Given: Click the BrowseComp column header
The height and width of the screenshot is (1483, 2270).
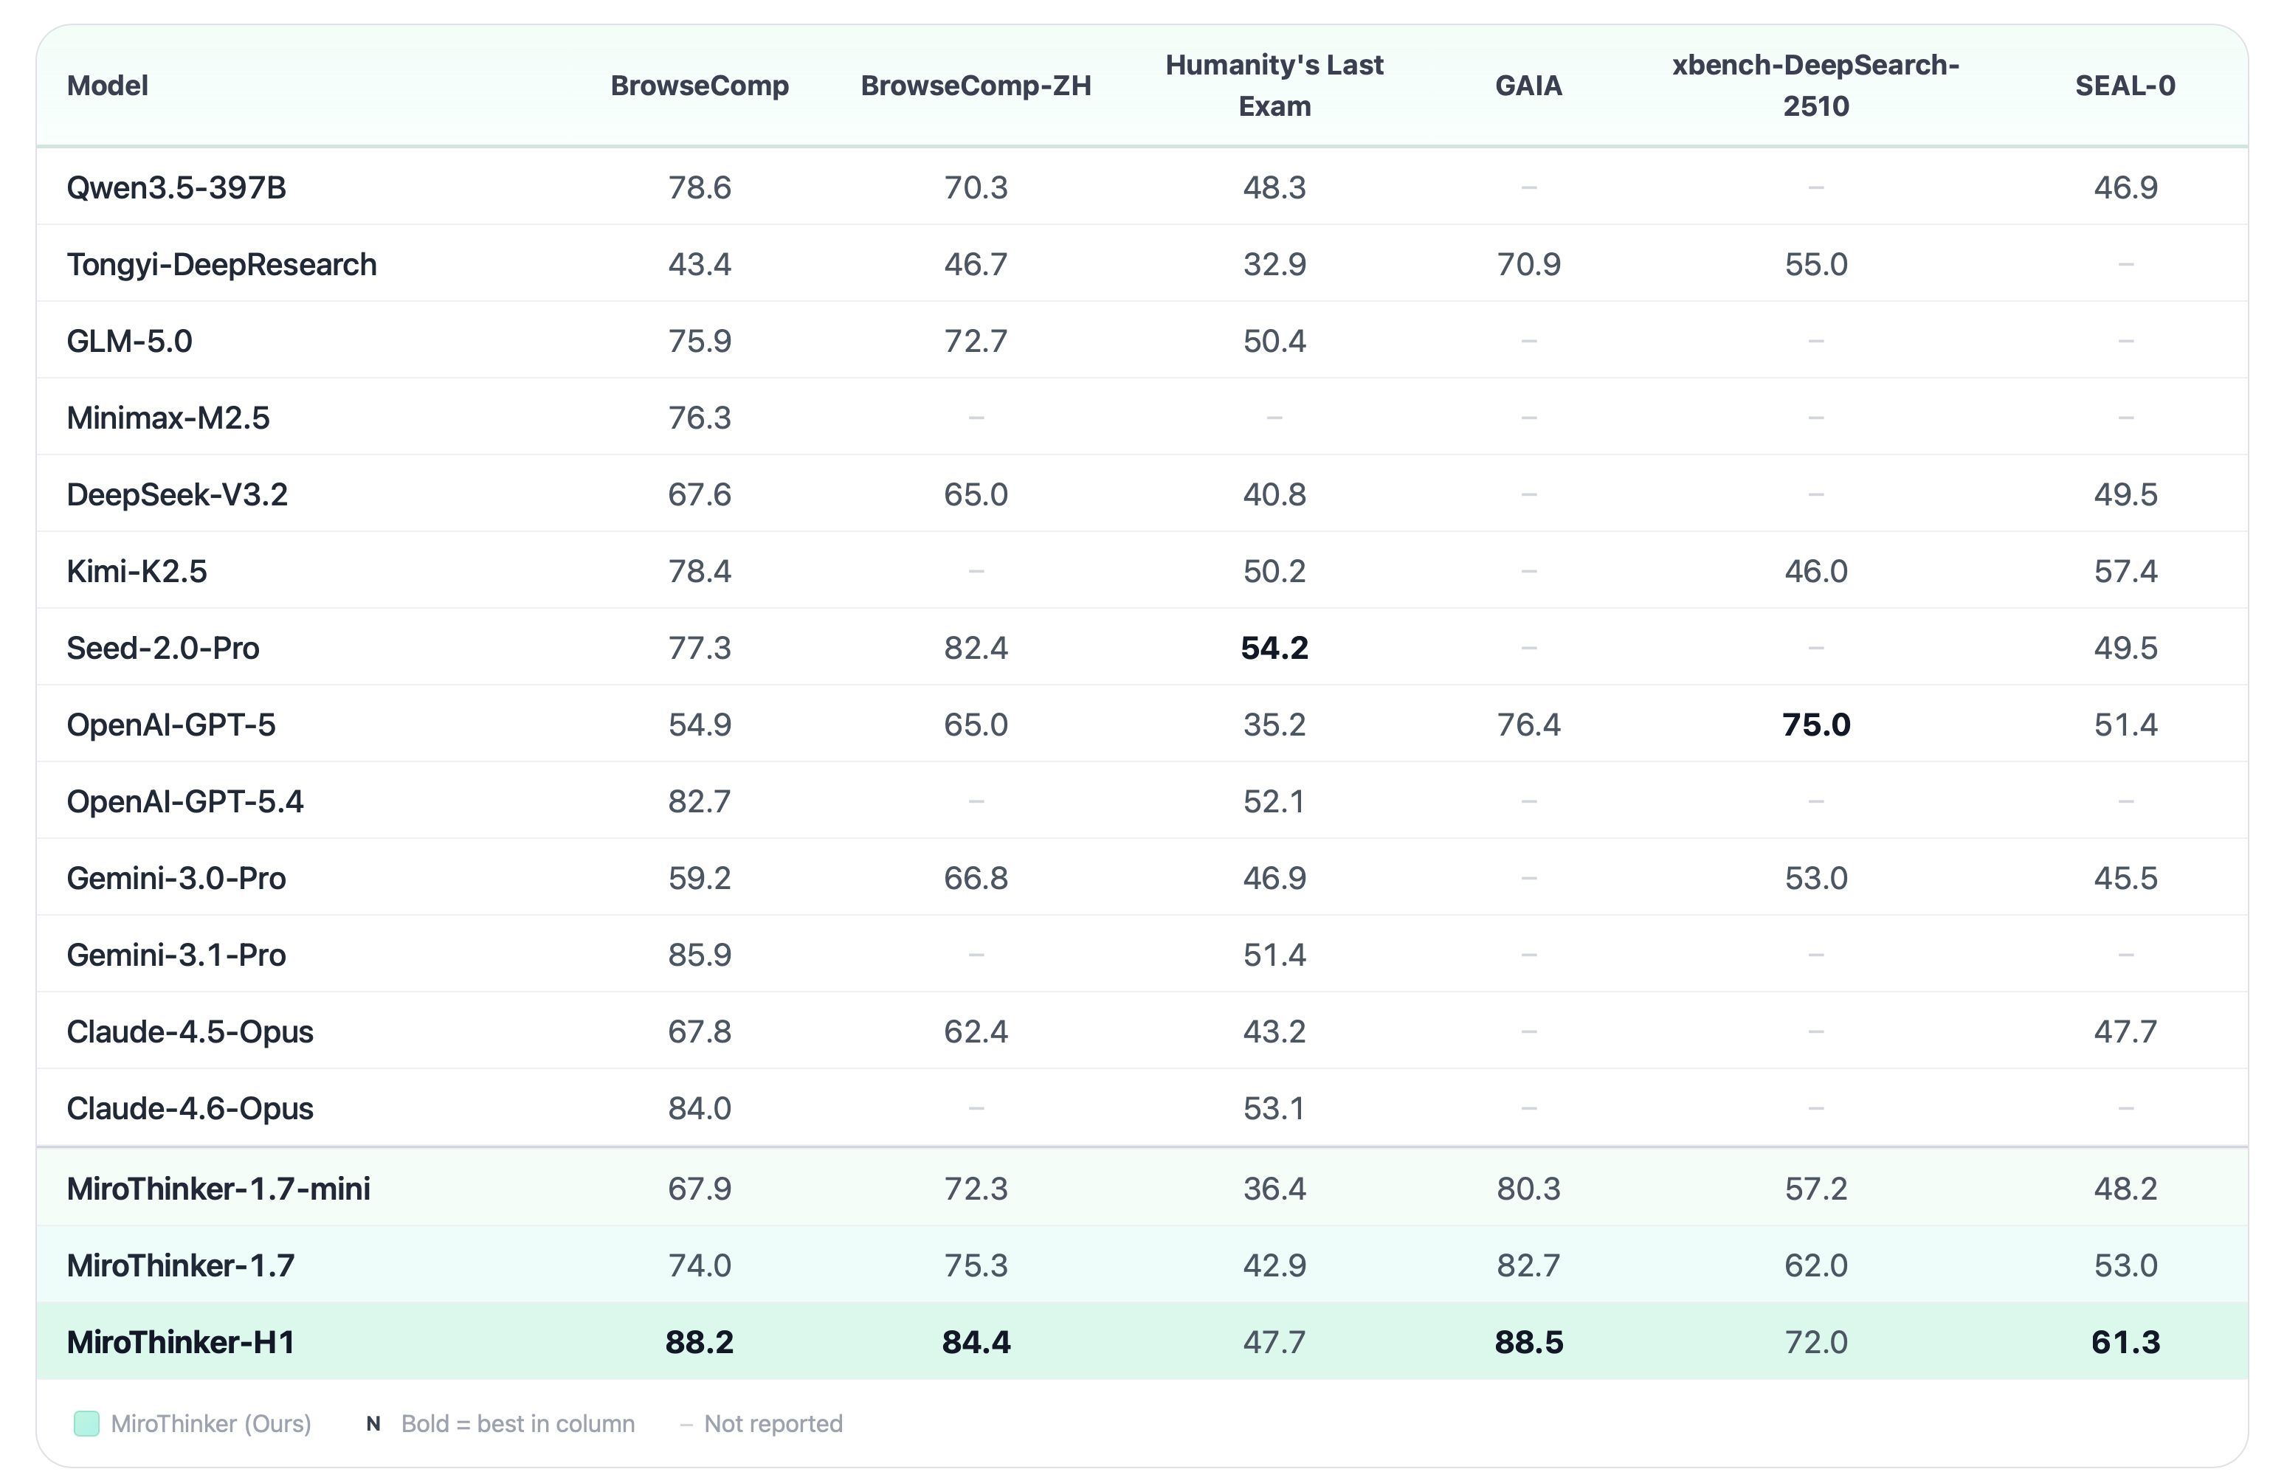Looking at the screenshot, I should tap(699, 86).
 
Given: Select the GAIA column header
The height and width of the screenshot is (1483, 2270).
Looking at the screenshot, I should tap(1528, 86).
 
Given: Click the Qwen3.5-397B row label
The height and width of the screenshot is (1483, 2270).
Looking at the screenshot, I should tap(176, 188).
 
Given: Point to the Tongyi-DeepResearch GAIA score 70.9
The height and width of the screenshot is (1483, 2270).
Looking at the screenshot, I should tap(1528, 264).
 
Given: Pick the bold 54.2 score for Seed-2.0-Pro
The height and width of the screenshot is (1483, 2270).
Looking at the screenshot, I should tap(1274, 649).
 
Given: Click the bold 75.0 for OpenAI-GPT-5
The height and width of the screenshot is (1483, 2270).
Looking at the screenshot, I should tap(1815, 725).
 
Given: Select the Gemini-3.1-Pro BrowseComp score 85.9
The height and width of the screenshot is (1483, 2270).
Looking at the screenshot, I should tap(699, 955).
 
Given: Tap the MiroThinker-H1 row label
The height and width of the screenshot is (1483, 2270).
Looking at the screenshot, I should tap(180, 1342).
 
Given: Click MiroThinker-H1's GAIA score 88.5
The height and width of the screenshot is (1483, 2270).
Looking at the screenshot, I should tap(1528, 1342).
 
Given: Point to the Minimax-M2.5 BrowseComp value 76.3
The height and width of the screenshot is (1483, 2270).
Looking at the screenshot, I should tap(699, 418).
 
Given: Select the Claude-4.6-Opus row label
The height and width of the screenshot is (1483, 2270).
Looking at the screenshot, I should tap(190, 1108).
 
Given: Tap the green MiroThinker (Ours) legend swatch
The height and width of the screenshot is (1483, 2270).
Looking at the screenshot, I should tap(87, 1423).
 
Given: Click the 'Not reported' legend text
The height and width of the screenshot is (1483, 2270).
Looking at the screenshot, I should tap(773, 1423).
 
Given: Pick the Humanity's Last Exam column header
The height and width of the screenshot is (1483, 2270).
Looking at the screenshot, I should tap(1274, 86).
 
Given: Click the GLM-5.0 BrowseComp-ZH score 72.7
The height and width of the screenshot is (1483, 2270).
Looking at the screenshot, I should tap(975, 342).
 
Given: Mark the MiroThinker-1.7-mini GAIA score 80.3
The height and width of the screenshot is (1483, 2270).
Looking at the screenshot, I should tap(1528, 1189).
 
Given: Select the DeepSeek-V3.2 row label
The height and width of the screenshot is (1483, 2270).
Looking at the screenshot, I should tap(176, 495).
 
